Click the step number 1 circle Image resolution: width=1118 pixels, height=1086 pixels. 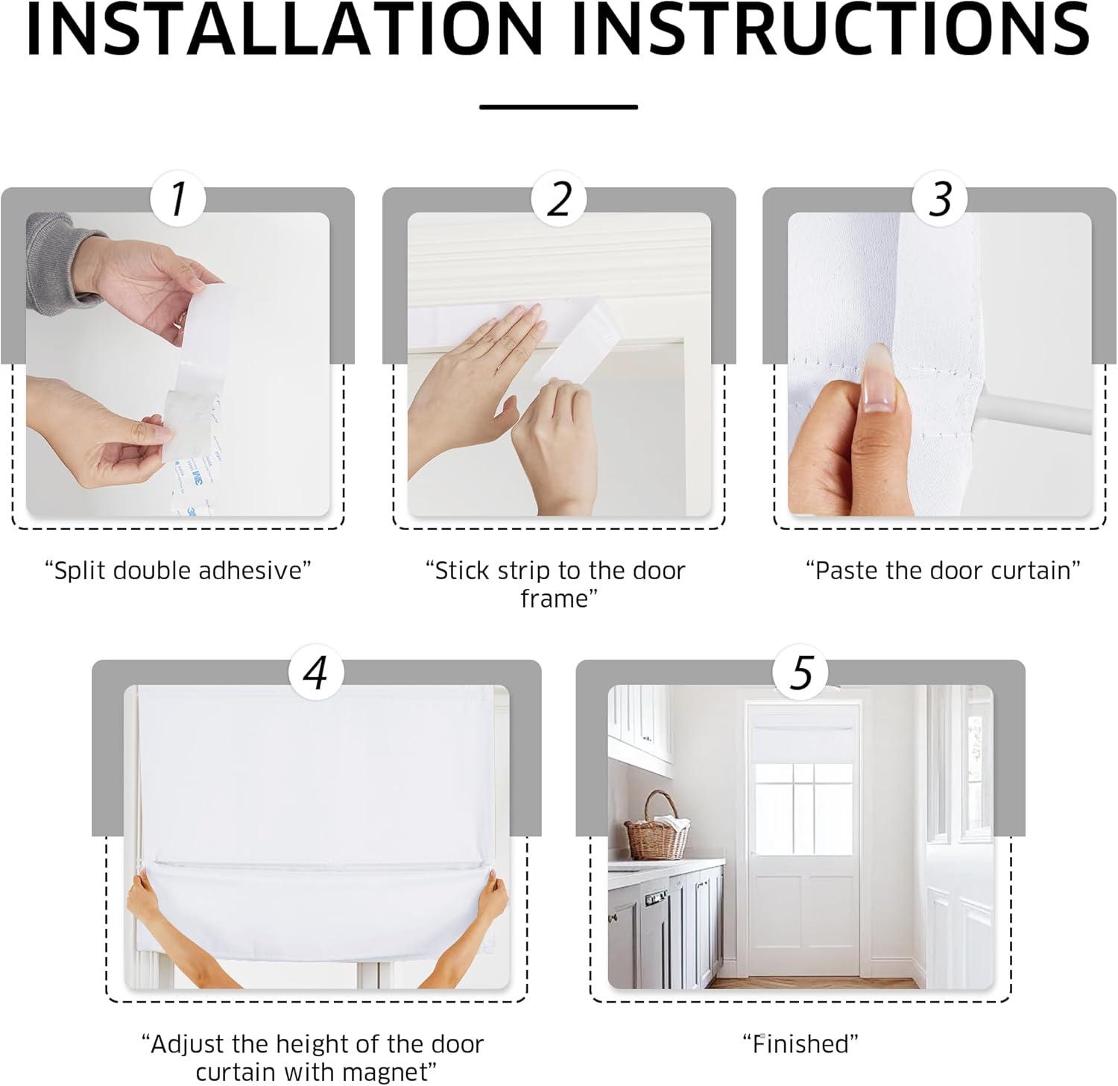(x=177, y=199)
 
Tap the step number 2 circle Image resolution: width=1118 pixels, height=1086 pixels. (x=559, y=199)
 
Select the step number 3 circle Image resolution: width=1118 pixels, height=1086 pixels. (x=941, y=199)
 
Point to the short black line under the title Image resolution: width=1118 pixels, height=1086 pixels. (x=558, y=107)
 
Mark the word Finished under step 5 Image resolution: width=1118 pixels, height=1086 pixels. (x=800, y=1044)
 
